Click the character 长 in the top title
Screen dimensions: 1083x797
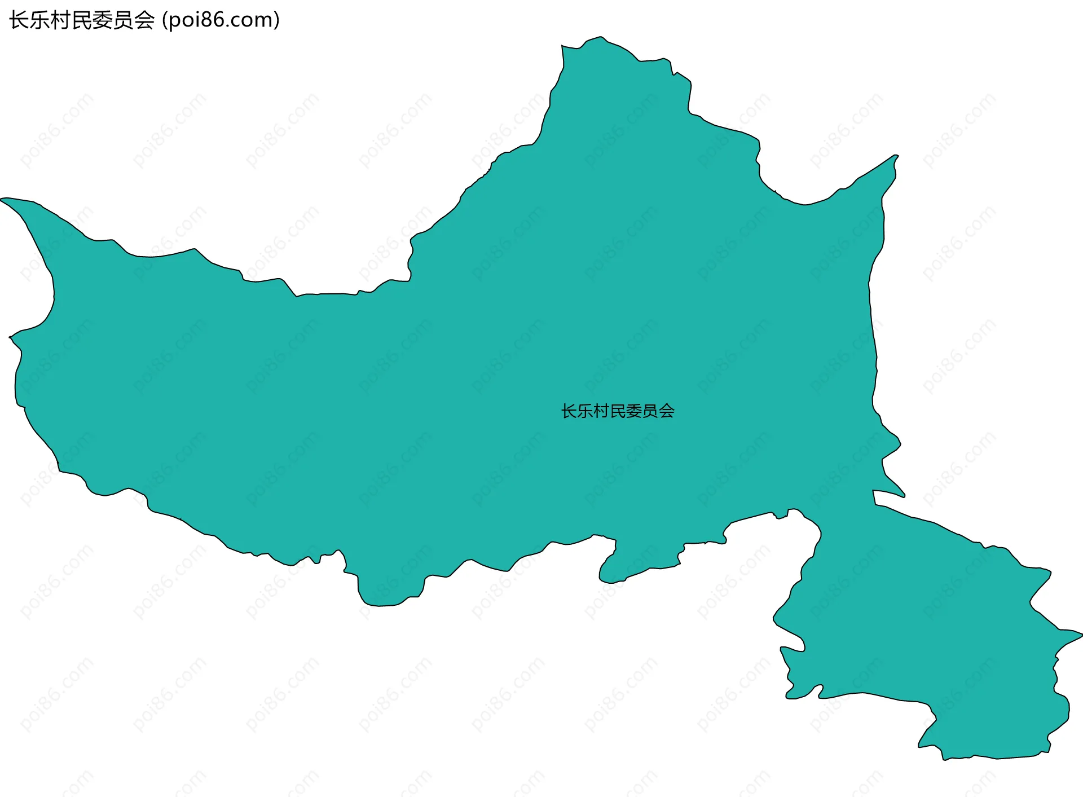[19, 20]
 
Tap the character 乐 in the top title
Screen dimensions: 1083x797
[40, 20]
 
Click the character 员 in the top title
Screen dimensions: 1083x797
[124, 20]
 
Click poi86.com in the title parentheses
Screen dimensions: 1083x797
[221, 20]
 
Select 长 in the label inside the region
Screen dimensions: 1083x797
[569, 411]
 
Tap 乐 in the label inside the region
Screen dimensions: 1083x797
[585, 411]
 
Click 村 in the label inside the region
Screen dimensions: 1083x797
[602, 411]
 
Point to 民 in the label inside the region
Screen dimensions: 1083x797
[618, 411]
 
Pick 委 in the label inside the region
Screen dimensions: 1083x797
[635, 411]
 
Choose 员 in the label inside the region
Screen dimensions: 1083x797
[651, 411]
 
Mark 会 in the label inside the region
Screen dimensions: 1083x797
[667, 411]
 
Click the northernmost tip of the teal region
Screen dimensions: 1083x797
[601, 37]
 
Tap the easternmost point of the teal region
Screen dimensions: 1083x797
[1081, 635]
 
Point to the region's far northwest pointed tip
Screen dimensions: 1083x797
[2, 199]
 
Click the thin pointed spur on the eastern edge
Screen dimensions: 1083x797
[904, 496]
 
